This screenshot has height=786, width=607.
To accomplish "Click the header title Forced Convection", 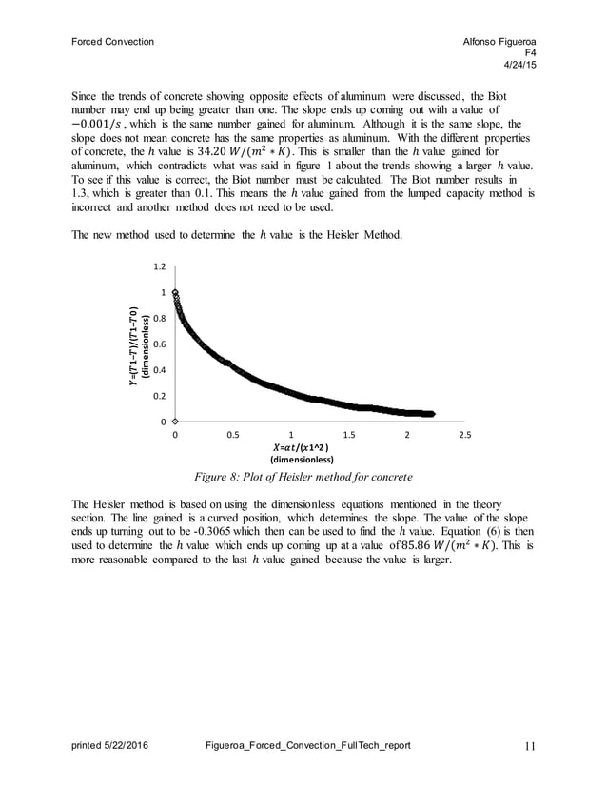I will click(x=113, y=42).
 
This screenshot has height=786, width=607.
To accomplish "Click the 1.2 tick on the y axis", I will click(x=160, y=267).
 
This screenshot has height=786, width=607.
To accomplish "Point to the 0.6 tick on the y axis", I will click(x=160, y=344).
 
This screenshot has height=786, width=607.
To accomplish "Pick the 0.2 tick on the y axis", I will click(x=160, y=396).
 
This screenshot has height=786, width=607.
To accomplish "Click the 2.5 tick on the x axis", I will click(x=465, y=435).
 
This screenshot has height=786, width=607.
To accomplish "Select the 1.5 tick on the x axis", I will click(x=349, y=435).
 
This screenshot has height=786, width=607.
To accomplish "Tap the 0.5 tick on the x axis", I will click(x=232, y=435).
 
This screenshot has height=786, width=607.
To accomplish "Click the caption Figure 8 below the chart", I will click(x=303, y=475).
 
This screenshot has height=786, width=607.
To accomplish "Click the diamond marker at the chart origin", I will click(x=175, y=421).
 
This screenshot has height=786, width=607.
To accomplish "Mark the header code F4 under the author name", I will click(x=529, y=53).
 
